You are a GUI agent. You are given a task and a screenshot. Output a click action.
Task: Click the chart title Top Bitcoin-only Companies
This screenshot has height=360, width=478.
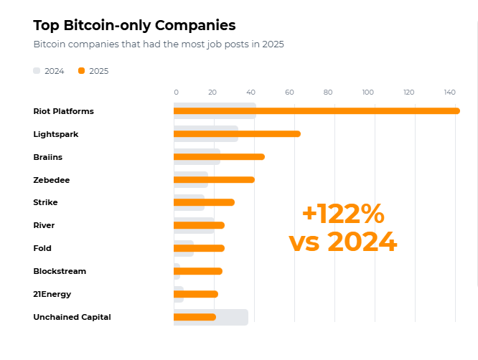pos(134,25)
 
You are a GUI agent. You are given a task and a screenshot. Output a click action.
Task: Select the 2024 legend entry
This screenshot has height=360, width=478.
pos(49,71)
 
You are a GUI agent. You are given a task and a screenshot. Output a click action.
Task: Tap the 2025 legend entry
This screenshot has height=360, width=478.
pos(93,71)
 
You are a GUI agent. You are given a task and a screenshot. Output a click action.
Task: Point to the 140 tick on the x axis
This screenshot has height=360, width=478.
pos(449,92)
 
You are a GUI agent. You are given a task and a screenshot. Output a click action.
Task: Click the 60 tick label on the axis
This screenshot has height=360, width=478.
pos(289,92)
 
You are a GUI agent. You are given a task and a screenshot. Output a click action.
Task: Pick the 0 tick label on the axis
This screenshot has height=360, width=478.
pos(176,92)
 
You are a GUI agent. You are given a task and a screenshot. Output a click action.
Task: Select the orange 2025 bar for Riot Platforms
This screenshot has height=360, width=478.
pos(316,111)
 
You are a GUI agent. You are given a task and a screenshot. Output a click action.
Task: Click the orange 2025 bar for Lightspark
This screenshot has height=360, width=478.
pos(237,134)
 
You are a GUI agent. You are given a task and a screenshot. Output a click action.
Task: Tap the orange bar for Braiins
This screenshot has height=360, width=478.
pos(219,157)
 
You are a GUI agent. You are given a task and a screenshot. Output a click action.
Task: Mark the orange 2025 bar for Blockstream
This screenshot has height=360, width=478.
pos(198,271)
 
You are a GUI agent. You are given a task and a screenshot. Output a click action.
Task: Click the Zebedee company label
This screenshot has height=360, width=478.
pos(51,179)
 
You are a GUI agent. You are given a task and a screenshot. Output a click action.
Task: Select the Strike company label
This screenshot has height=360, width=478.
pos(45,202)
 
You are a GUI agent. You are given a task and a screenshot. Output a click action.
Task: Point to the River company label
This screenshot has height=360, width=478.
pos(44,225)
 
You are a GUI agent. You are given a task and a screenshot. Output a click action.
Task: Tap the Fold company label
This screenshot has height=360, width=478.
pos(42,248)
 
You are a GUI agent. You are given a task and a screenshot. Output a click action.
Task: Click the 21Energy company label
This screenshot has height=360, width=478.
pos(52,294)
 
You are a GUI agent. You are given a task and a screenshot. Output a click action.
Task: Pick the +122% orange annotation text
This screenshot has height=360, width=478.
pos(343,214)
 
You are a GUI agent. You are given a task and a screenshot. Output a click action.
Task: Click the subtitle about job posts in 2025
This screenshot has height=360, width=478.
pos(159,44)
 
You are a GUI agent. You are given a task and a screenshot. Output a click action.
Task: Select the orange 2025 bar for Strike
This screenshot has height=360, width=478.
pos(204,202)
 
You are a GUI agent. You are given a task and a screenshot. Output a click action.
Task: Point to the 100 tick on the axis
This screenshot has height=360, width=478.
pos(368,92)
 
